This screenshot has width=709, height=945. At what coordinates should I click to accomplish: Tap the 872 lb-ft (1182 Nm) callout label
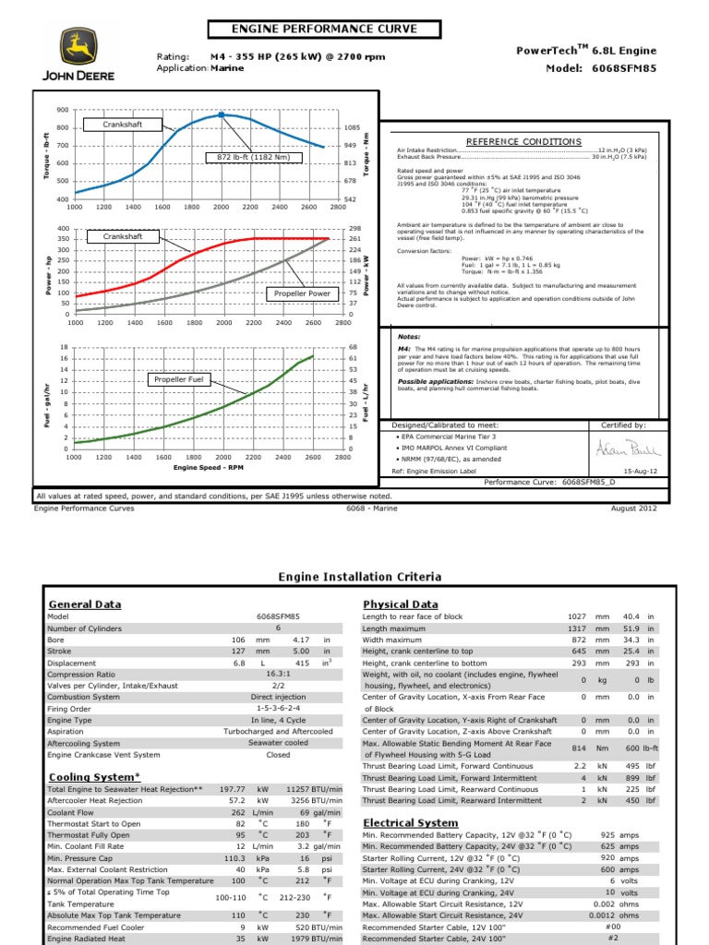click(253, 158)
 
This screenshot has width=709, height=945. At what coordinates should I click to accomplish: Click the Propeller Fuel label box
click(179, 379)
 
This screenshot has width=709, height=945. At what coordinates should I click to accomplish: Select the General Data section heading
click(84, 604)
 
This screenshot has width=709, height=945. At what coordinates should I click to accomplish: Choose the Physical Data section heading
click(401, 604)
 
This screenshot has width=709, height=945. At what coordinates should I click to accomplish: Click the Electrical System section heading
click(410, 822)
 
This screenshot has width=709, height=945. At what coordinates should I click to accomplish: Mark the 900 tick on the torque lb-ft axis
click(63, 110)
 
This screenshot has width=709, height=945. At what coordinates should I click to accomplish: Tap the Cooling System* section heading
click(94, 777)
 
